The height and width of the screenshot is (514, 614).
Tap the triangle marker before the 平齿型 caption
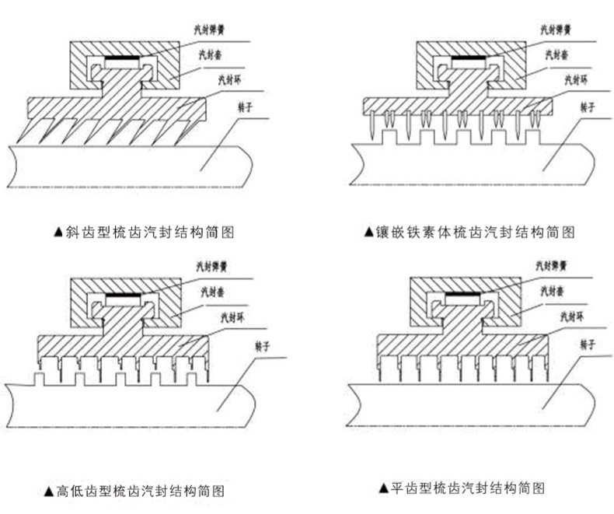pyautogui.click(x=382, y=489)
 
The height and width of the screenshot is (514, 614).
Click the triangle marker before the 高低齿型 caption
pyautogui.click(x=48, y=491)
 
